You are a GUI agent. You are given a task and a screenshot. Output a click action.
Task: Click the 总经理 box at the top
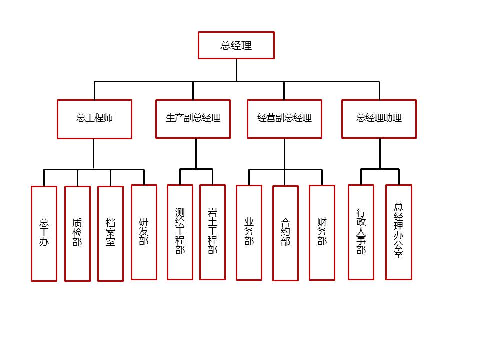[x=236, y=45]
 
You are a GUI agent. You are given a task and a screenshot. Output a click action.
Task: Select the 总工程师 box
[x=94, y=119]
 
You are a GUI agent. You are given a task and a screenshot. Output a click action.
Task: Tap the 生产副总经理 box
[x=193, y=119]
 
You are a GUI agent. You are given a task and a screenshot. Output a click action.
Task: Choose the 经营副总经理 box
[x=284, y=119]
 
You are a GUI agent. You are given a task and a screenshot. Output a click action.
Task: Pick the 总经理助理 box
[x=379, y=119]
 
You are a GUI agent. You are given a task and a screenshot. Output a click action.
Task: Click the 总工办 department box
[x=44, y=233]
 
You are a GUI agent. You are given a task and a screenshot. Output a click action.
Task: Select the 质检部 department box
[x=77, y=233]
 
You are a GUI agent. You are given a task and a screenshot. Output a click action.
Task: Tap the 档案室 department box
[x=110, y=233]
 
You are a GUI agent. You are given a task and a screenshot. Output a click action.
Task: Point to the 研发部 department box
[x=144, y=232]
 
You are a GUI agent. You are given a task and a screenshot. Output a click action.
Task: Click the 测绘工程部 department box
[x=180, y=232]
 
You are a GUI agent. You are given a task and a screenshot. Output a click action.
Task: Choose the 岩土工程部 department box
[x=212, y=232]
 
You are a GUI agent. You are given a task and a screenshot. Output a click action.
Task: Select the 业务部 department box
[x=249, y=232]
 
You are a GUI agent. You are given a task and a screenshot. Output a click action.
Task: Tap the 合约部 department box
[x=285, y=233]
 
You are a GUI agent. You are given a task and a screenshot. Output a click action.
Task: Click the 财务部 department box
[x=322, y=232]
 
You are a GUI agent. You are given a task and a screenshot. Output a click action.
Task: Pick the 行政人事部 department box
[x=361, y=232]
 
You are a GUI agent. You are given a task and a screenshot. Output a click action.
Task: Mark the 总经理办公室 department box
[x=399, y=232]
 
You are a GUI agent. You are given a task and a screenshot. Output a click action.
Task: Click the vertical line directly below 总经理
[x=236, y=70]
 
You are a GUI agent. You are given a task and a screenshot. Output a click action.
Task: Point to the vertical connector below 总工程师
[x=93, y=154]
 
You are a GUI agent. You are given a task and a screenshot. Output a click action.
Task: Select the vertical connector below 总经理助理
[x=380, y=153]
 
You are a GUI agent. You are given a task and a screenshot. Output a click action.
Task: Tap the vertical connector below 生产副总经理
[x=196, y=153]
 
